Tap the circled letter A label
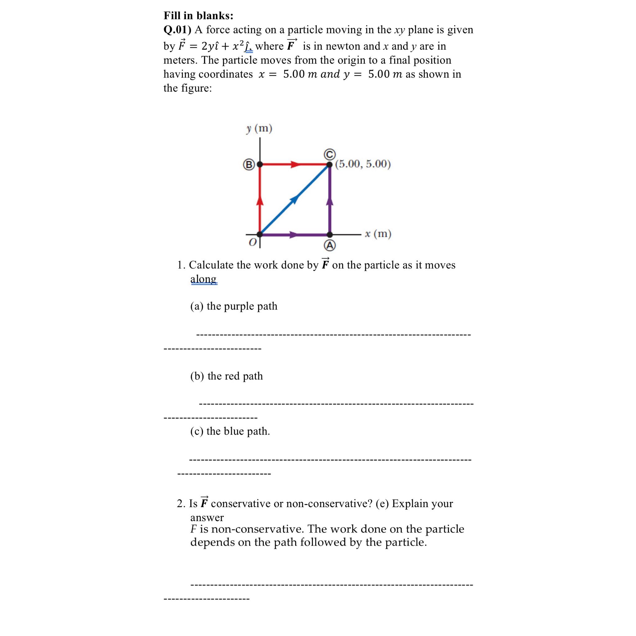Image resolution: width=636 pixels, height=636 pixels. coord(329,246)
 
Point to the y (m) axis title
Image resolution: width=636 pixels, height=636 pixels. coord(259,128)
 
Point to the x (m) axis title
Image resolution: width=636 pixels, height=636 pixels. coord(378,234)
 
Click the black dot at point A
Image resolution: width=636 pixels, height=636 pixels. coord(329,234)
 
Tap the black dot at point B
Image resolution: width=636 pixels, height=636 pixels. coord(260,164)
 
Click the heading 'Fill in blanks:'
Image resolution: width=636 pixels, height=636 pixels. coord(198,16)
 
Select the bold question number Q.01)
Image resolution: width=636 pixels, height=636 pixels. coord(177,30)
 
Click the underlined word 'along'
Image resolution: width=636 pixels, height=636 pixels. coord(203,279)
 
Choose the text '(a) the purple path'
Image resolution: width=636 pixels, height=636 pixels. coord(234,306)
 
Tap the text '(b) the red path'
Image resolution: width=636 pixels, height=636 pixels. coord(226,376)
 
